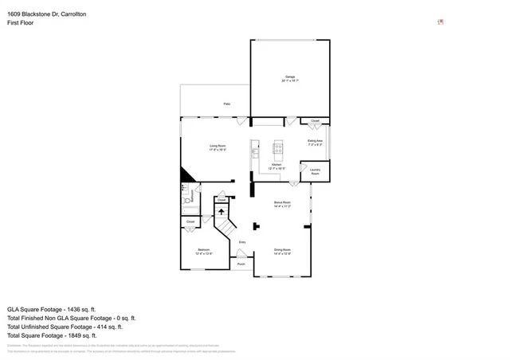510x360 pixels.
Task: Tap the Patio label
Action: tap(226, 104)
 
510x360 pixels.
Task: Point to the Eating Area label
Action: tap(315, 143)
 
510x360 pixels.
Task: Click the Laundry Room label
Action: tap(315, 171)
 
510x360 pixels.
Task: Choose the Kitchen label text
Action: tap(277, 166)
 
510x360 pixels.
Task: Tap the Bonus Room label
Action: tap(281, 204)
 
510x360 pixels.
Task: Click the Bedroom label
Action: tap(204, 251)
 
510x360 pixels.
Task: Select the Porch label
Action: tap(241, 264)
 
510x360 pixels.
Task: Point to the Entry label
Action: tap(242, 241)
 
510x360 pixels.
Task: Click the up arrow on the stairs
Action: tap(222, 212)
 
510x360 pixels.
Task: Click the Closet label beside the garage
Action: tap(315, 121)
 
